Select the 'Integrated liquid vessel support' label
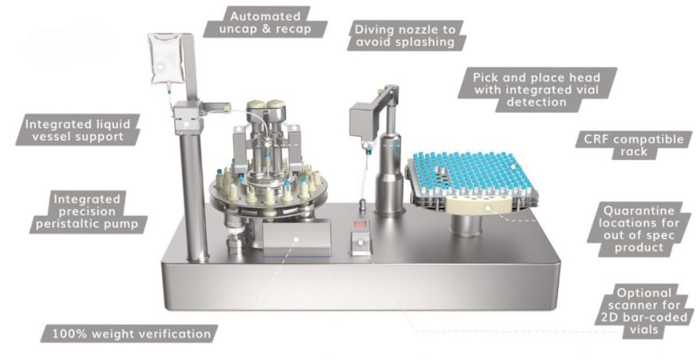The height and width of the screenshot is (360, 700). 82,130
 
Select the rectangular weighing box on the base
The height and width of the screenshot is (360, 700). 297,239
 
